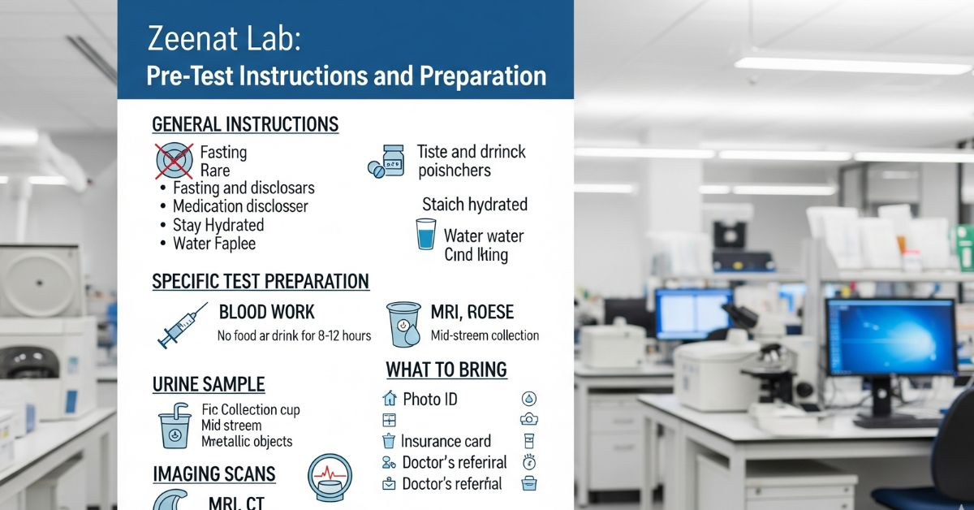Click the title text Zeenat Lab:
[x=224, y=38]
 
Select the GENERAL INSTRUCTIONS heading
[x=245, y=124]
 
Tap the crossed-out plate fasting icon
[x=175, y=161]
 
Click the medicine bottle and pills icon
[x=386, y=162]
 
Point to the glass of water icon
[x=425, y=234]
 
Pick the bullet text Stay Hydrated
[x=218, y=225]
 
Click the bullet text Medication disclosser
[x=240, y=205]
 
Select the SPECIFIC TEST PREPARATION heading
[x=261, y=282]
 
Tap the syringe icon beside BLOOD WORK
[x=183, y=325]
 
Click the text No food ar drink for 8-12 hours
[x=295, y=335]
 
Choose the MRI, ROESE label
[x=472, y=312]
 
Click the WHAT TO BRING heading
[x=446, y=370]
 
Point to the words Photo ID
[x=430, y=399]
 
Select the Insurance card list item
[x=446, y=441]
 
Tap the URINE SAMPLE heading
[x=209, y=385]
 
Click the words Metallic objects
[x=247, y=441]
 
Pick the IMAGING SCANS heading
[x=214, y=474]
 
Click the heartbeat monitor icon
[x=330, y=478]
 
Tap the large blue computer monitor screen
[x=891, y=336]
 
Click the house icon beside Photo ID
[x=389, y=398]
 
